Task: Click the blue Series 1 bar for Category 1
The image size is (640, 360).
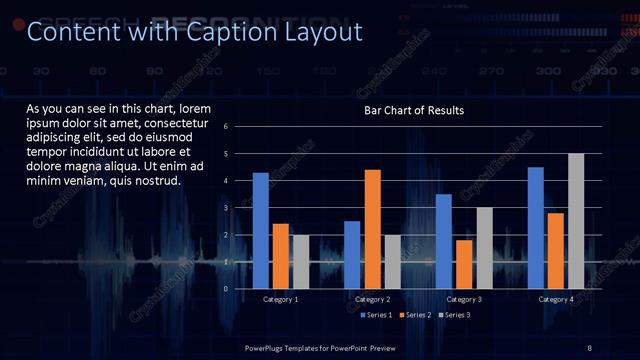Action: [x=261, y=230]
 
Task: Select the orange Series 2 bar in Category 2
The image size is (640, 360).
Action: [x=372, y=229]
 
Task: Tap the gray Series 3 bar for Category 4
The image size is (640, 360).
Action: [x=576, y=221]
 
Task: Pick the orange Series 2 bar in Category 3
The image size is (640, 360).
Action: [x=464, y=264]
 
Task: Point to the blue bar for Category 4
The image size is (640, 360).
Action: [x=536, y=228]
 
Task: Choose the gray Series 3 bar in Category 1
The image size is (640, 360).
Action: [x=301, y=262]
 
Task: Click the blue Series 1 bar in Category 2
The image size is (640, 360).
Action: [x=352, y=255]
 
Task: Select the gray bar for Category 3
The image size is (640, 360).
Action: [x=484, y=248]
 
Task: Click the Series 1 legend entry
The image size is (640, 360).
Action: [x=374, y=315]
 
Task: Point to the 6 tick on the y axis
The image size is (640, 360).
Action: [x=226, y=127]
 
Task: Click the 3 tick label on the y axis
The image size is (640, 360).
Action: [x=226, y=208]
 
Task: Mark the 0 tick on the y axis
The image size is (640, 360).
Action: [x=226, y=289]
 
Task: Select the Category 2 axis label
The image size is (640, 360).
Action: [x=372, y=299]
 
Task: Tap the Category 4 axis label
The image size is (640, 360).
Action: [x=556, y=299]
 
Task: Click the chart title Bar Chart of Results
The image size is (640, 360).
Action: [x=414, y=109]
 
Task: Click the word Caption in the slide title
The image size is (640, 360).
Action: [x=225, y=32]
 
